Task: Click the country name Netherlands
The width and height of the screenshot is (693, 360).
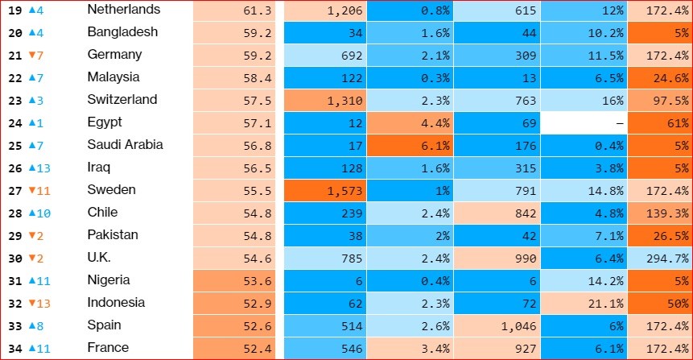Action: click(123, 10)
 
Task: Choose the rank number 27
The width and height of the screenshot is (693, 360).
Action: click(13, 190)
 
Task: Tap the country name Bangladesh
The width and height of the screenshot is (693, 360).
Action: click(122, 32)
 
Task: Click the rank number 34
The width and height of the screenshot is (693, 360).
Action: click(13, 349)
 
